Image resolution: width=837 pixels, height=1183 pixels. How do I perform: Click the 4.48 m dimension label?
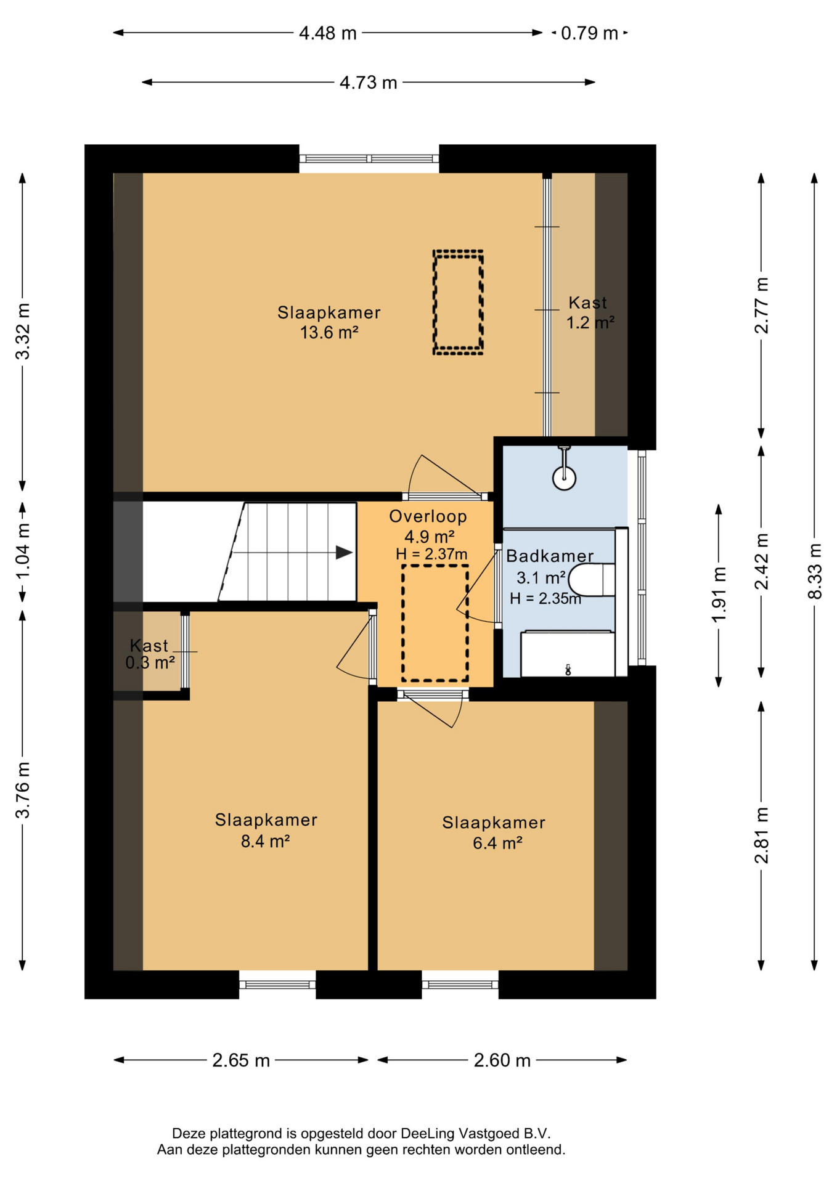328,33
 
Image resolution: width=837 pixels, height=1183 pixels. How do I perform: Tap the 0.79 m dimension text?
589,33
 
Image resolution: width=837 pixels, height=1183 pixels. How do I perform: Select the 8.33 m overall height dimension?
815,571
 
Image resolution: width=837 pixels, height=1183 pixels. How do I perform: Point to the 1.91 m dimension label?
719,595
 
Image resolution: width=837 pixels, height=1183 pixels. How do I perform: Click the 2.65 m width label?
241,1060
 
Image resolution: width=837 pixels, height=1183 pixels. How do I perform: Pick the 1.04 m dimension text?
23,551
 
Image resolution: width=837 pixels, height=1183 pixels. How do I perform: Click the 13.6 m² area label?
329,333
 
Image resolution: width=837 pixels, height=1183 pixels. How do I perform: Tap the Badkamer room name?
550,556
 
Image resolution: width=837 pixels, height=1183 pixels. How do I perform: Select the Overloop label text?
428,516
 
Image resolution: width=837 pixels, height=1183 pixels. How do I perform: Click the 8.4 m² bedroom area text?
266,841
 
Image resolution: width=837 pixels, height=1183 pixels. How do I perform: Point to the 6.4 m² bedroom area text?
497,843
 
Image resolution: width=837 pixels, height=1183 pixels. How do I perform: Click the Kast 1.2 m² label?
590,312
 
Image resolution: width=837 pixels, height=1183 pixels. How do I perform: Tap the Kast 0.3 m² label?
150,654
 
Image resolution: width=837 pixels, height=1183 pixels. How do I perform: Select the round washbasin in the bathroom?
564,477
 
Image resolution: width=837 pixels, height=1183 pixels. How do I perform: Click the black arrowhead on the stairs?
344,553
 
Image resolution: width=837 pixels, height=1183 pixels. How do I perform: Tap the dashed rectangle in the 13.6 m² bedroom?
458,303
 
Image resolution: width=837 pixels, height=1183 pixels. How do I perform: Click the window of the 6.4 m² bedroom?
460,984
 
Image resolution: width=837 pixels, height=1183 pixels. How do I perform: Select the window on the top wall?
369,159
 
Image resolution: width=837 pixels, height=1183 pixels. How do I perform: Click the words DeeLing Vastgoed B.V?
476,1133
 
